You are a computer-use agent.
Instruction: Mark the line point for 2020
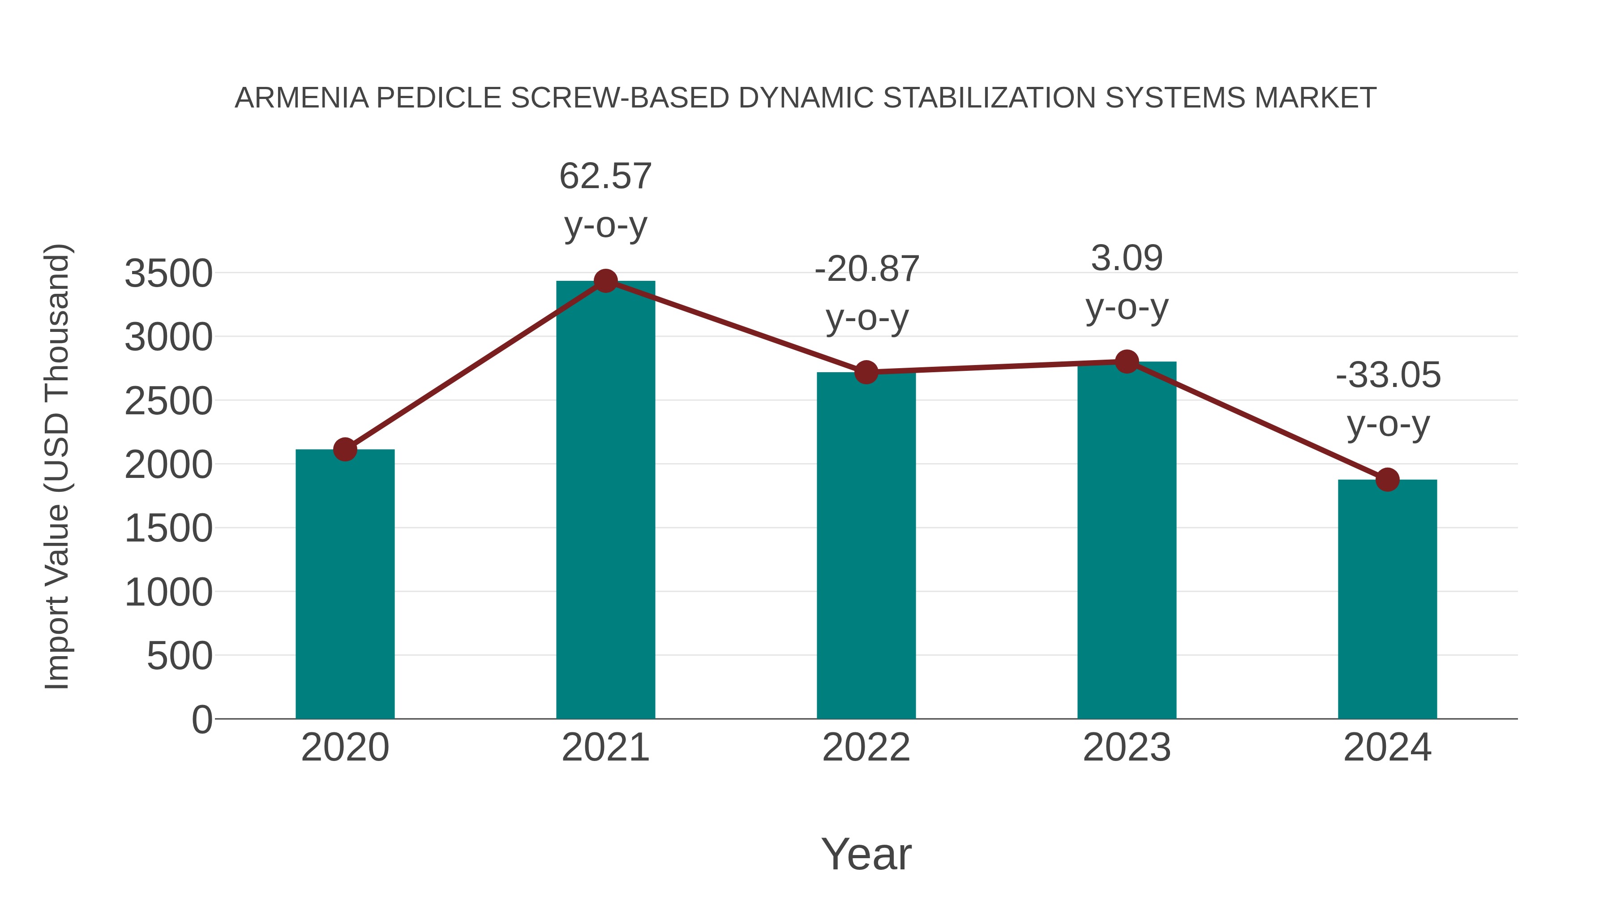pos(345,449)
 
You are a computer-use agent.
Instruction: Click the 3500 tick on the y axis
pos(168,274)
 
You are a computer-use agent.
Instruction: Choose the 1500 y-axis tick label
pos(168,529)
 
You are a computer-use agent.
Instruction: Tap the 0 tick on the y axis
pos(202,719)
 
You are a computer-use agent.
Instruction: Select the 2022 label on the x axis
pos(866,748)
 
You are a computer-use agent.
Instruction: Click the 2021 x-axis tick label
pos(605,748)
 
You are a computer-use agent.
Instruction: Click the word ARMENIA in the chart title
pos(302,98)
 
